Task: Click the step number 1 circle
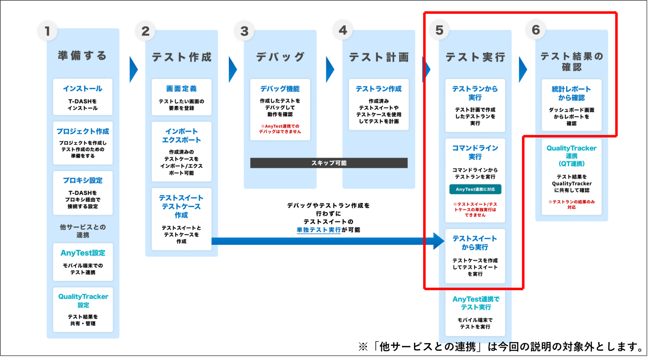click(47, 31)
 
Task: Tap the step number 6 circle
click(536, 30)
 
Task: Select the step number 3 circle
click(244, 31)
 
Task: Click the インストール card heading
click(83, 89)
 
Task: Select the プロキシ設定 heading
click(83, 180)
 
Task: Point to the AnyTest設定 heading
click(83, 253)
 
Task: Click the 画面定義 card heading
click(181, 89)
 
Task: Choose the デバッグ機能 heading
click(280, 89)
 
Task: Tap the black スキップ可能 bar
click(329, 163)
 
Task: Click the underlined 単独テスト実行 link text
click(319, 230)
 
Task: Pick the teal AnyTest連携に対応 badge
click(475, 189)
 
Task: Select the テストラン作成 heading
click(379, 89)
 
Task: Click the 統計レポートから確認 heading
click(571, 93)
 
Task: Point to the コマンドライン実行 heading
click(475, 152)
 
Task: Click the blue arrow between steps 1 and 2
click(133, 70)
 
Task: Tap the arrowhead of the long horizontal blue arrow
click(438, 241)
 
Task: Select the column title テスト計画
click(379, 57)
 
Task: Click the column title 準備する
click(83, 56)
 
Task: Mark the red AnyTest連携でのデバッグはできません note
click(280, 129)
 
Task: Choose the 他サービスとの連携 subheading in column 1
click(83, 231)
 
